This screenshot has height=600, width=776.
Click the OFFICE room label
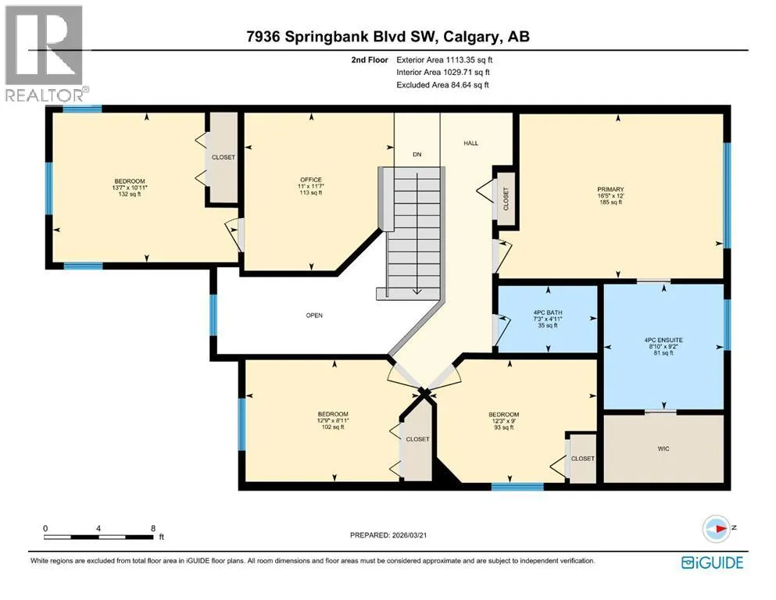tap(311, 180)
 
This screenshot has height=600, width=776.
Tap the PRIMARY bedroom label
tap(610, 189)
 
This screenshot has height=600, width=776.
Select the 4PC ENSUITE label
tap(663, 340)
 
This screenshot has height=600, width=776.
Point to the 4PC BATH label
tap(548, 312)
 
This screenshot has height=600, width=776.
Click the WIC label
tap(663, 448)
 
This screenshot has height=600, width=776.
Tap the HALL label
tap(470, 143)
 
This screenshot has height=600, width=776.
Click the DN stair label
tap(417, 155)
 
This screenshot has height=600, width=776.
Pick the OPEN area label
tap(314, 315)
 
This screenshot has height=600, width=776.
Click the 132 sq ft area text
tap(130, 194)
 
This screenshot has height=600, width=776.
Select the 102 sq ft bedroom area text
tap(333, 427)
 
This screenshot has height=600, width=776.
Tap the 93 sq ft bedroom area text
tap(504, 427)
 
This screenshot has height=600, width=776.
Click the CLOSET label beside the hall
tap(506, 198)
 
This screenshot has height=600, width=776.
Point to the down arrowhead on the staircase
tap(417, 291)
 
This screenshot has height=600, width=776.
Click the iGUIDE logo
tap(712, 562)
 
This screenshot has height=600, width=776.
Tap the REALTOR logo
tap(45, 53)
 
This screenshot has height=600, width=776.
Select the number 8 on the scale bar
tap(153, 528)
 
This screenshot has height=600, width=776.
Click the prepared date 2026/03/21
tap(409, 535)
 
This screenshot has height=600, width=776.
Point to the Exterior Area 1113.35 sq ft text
tap(445, 60)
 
